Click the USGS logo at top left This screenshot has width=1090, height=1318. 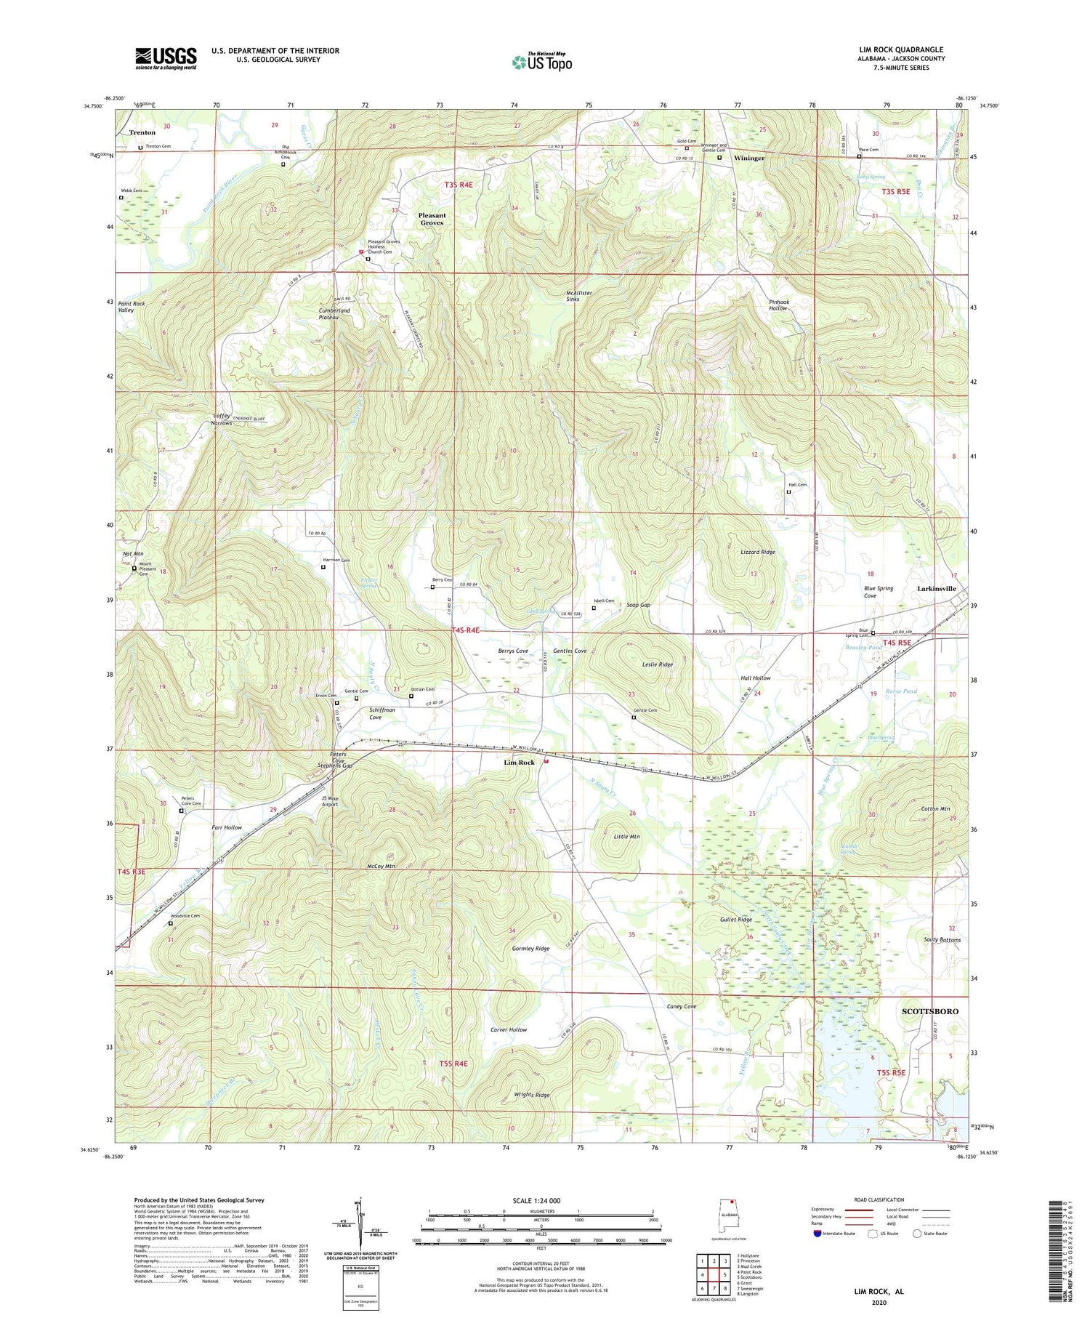[166, 58]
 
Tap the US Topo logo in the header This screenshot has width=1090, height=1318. [542, 62]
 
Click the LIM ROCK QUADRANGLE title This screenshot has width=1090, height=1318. [901, 49]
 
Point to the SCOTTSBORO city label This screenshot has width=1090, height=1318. [929, 1011]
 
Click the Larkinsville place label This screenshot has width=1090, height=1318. [937, 588]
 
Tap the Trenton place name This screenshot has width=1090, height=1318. [142, 132]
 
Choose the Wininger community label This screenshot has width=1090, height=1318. [748, 158]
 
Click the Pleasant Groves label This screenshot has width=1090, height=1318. [432, 219]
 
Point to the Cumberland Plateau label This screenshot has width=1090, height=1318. [334, 313]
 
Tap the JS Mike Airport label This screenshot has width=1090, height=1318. [330, 801]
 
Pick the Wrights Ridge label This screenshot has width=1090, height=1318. [532, 1094]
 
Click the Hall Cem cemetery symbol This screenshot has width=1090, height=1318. [788, 492]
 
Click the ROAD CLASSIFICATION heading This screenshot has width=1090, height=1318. [879, 1200]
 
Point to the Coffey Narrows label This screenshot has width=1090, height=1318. [222, 419]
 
